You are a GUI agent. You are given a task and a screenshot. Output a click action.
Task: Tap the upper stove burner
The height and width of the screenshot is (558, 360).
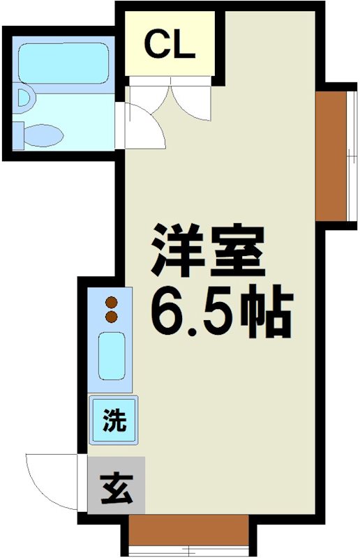pyautogui.click(x=110, y=303)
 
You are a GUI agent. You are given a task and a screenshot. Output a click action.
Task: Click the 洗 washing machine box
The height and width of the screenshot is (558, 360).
pyautogui.click(x=113, y=421)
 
